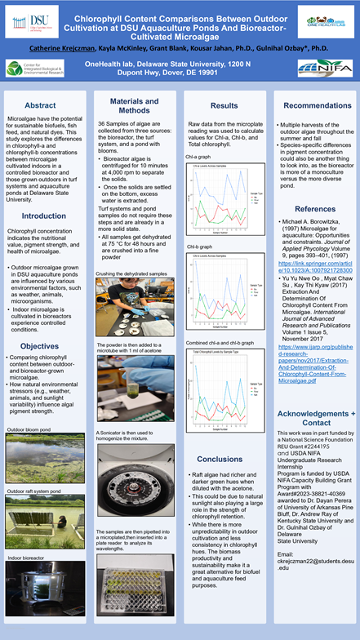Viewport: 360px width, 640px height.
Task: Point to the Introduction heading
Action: [x=44, y=216]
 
